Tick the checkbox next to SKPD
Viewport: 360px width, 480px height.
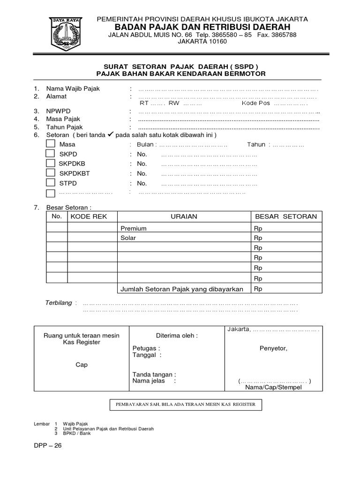(x=50, y=154)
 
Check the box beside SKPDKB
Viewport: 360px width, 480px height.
(x=50, y=163)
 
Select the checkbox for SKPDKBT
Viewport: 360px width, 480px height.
(x=50, y=173)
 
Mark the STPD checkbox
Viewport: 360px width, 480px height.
(x=50, y=183)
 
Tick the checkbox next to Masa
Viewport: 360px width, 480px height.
(x=50, y=144)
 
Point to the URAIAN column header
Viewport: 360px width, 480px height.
(x=184, y=217)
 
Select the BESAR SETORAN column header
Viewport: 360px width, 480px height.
(x=286, y=217)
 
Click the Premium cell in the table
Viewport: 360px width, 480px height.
(x=134, y=228)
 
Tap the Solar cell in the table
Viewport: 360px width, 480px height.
(x=128, y=238)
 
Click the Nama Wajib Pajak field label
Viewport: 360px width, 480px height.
(x=73, y=89)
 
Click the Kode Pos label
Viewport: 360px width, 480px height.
(x=256, y=103)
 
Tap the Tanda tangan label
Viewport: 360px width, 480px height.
(x=154, y=375)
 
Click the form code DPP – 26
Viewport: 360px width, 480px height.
(x=47, y=446)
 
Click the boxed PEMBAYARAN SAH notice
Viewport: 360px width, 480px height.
(x=186, y=405)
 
